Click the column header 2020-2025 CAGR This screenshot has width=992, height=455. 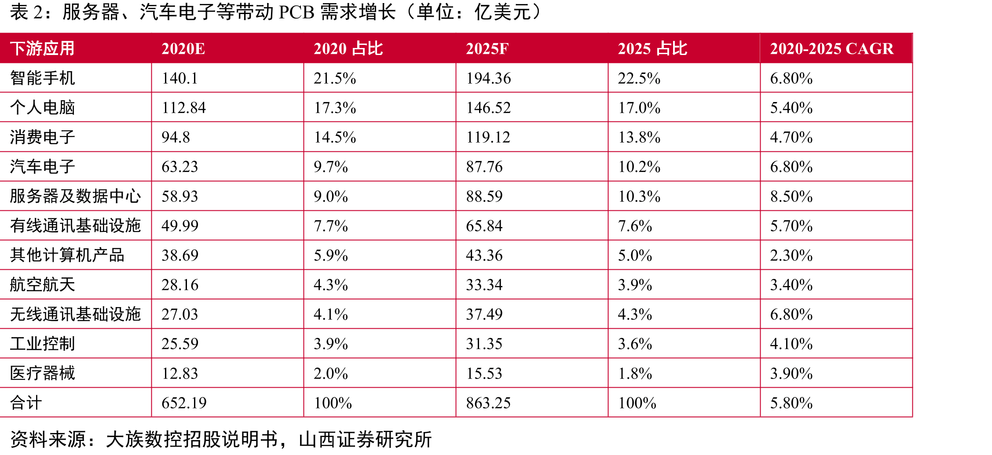click(831, 48)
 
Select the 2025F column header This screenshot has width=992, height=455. click(487, 48)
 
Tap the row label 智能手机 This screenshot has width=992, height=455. click(42, 78)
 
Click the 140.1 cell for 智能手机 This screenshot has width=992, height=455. click(180, 78)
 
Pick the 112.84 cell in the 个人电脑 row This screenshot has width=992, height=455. click(184, 108)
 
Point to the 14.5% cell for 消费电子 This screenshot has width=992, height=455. click(335, 137)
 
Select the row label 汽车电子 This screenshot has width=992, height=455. click(42, 166)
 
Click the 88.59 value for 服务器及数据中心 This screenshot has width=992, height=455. click(484, 196)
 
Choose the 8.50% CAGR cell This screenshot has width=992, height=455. click(791, 196)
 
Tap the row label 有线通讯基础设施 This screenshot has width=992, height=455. click(75, 225)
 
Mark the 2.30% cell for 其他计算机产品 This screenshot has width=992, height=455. click(791, 255)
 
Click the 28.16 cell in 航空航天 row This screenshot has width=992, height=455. click(180, 285)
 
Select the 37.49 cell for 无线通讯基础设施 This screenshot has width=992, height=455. click(484, 314)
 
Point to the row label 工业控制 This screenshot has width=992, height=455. click(42, 344)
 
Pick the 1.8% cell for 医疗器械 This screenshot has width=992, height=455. click(635, 374)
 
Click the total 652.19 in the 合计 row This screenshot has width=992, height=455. click(184, 403)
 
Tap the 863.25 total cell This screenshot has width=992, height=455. click(488, 403)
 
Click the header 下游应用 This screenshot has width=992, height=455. click(42, 48)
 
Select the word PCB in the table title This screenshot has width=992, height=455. click(297, 12)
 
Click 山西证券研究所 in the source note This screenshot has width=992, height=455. click(365, 439)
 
